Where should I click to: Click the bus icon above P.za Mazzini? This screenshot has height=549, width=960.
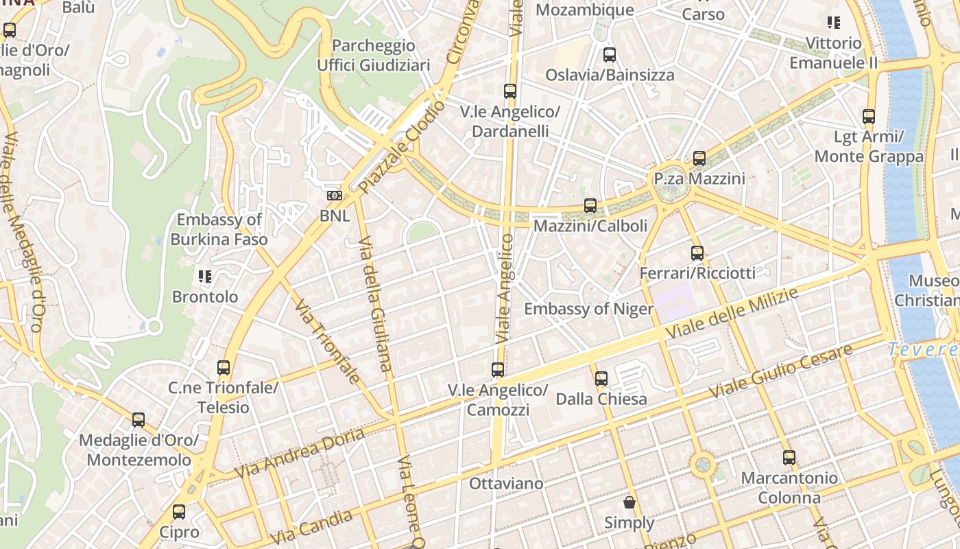pyautogui.click(x=699, y=159)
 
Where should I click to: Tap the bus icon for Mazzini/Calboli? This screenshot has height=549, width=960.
pyautogui.click(x=590, y=205)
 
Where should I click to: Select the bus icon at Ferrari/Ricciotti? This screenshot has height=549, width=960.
pyautogui.click(x=697, y=253)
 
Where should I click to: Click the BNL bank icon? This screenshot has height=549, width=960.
pyautogui.click(x=334, y=196)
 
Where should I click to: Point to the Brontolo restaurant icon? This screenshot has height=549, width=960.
pyautogui.click(x=204, y=277)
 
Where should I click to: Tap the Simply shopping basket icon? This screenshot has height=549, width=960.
pyautogui.click(x=629, y=502)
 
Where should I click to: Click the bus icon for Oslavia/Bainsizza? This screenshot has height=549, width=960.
pyautogui.click(x=609, y=55)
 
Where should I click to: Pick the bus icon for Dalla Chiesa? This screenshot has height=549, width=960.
pyautogui.click(x=601, y=378)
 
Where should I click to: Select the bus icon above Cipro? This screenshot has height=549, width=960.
pyautogui.click(x=179, y=511)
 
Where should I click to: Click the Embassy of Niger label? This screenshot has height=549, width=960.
pyautogui.click(x=589, y=309)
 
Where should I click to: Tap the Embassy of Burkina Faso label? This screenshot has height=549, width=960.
pyautogui.click(x=219, y=230)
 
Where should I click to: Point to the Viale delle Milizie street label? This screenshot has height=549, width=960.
pyautogui.click(x=733, y=314)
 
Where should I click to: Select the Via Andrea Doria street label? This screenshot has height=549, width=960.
pyautogui.click(x=299, y=454)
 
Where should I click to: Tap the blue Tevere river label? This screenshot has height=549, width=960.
pyautogui.click(x=923, y=349)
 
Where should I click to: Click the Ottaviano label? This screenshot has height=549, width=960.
pyautogui.click(x=506, y=484)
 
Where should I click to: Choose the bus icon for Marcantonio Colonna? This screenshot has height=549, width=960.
pyautogui.click(x=789, y=458)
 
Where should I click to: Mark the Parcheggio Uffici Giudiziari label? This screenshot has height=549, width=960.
pyautogui.click(x=373, y=56)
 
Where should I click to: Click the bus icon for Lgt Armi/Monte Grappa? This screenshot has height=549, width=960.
pyautogui.click(x=869, y=117)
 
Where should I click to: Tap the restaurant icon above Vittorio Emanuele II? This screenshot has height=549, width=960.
pyautogui.click(x=834, y=23)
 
